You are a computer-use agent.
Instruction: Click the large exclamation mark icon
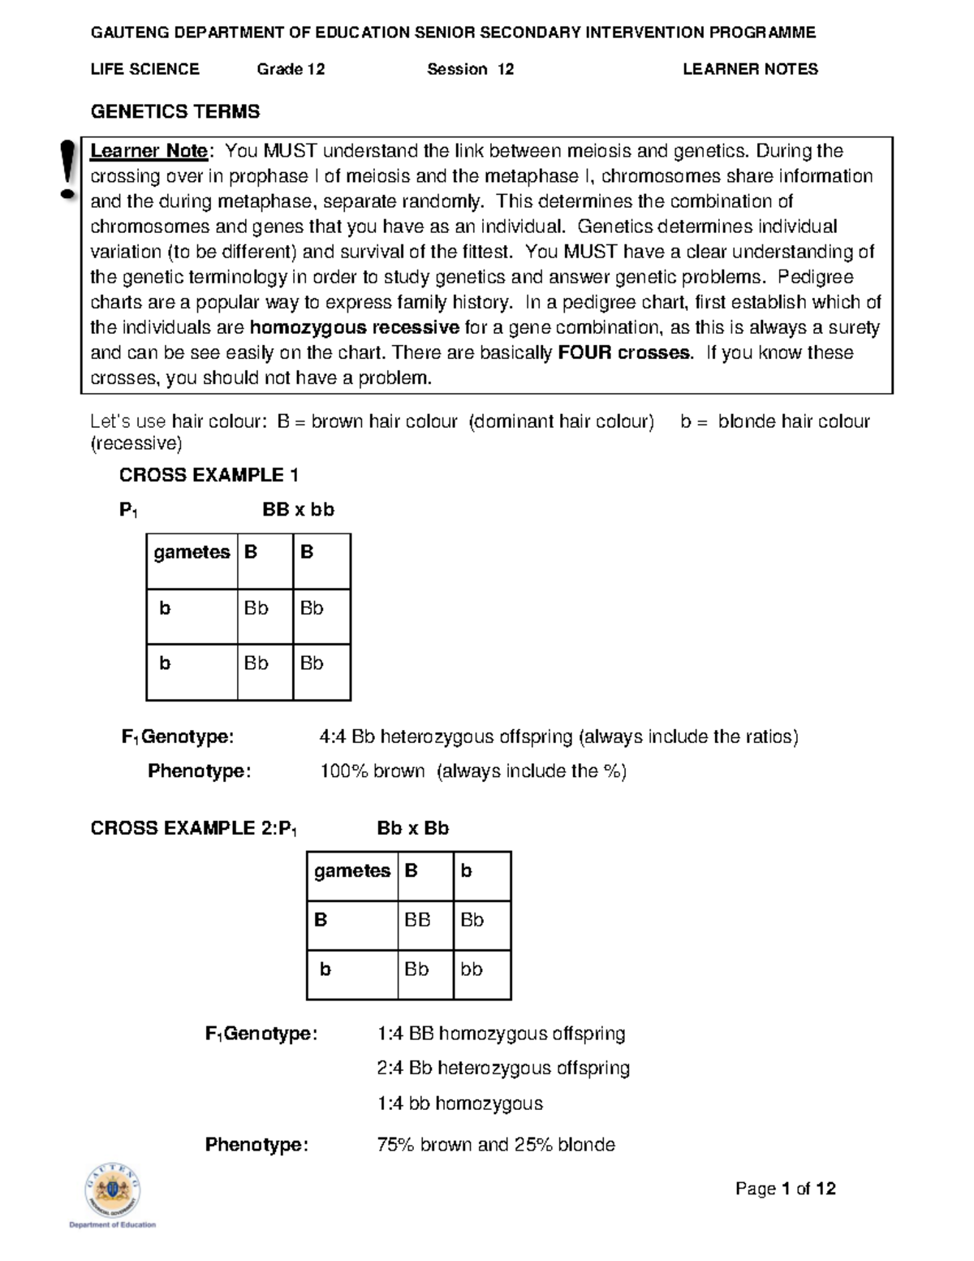click(x=68, y=170)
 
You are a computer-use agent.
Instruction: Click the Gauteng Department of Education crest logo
click(x=113, y=1192)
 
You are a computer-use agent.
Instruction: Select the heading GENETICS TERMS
click(x=175, y=112)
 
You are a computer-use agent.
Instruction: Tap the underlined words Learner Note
click(x=149, y=151)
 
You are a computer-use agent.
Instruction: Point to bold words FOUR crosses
click(x=625, y=353)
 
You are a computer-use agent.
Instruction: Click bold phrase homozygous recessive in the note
click(x=355, y=328)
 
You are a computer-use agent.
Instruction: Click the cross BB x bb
click(x=298, y=510)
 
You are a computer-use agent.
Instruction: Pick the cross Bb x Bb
click(x=412, y=828)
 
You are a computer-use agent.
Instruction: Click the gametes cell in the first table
click(x=192, y=553)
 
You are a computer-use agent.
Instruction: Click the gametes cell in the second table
click(x=352, y=871)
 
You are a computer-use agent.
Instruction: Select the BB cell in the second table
click(x=417, y=920)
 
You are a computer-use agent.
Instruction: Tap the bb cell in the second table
click(x=472, y=970)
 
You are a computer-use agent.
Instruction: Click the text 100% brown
click(x=373, y=771)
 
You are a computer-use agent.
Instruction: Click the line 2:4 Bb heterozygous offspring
click(x=503, y=1069)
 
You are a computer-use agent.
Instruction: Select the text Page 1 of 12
click(x=785, y=1190)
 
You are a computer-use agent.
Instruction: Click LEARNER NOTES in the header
click(x=750, y=70)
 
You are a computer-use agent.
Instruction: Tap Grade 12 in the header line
click(x=291, y=70)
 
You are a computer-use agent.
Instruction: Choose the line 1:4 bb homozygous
click(x=459, y=1104)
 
